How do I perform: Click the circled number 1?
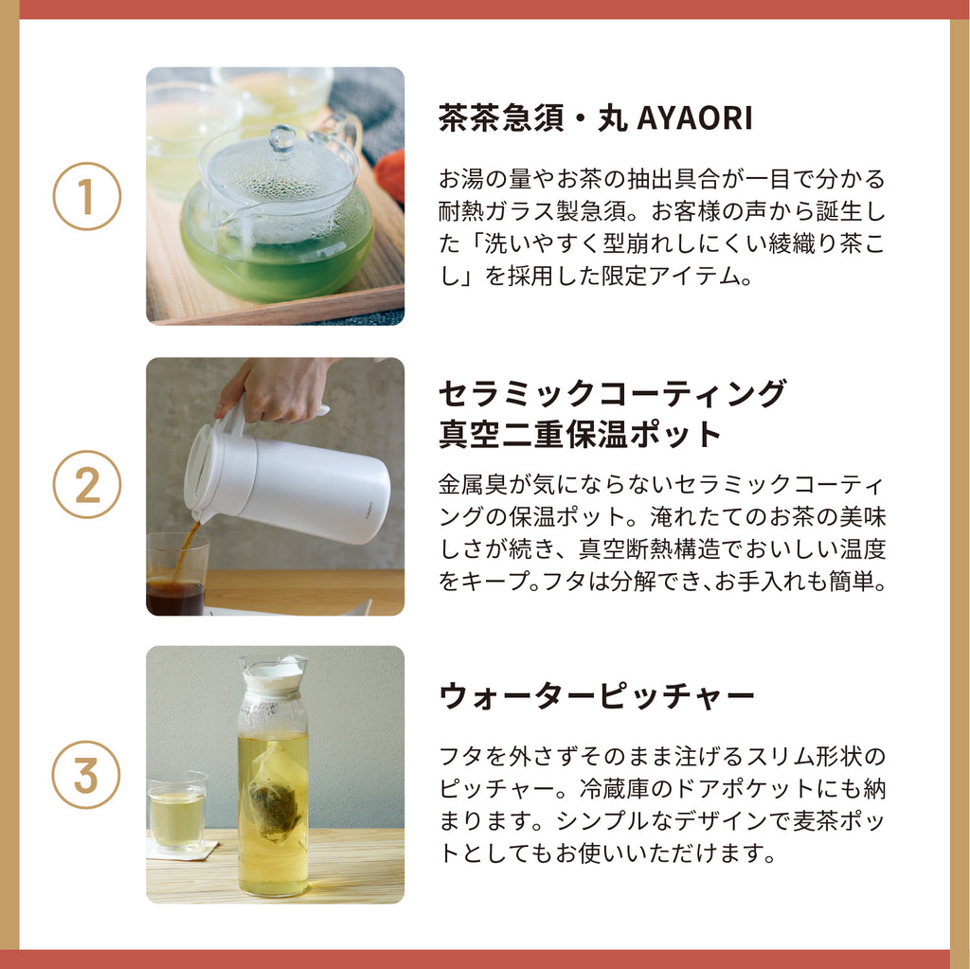86,196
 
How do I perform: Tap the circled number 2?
86,485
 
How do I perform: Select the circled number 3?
85,775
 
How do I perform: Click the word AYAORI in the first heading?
694,117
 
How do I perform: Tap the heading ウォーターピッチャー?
597,696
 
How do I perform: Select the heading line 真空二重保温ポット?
581,434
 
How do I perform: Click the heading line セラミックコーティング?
613,393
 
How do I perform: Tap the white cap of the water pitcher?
275,674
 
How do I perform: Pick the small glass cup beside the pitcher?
177,812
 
